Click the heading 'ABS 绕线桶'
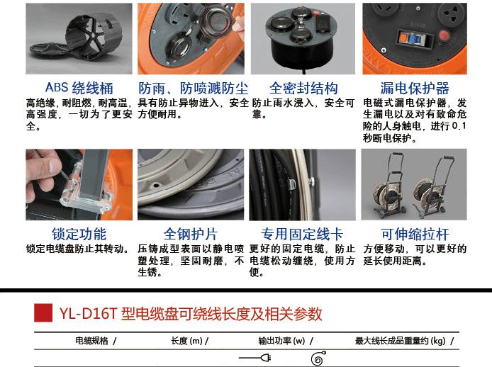79,88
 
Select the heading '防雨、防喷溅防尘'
194,88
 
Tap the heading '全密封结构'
303,88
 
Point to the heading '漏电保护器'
415,88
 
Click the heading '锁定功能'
79,234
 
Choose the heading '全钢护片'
191,234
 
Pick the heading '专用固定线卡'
302,234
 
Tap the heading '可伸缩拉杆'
415,234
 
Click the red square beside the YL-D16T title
43,312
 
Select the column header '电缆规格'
91,341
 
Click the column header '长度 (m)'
186,341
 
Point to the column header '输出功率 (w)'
281,341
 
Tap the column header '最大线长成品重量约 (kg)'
401,341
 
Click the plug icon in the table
255,358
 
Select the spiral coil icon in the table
318,358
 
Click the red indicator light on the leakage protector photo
444,35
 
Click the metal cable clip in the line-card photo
292,183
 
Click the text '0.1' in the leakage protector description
459,126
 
